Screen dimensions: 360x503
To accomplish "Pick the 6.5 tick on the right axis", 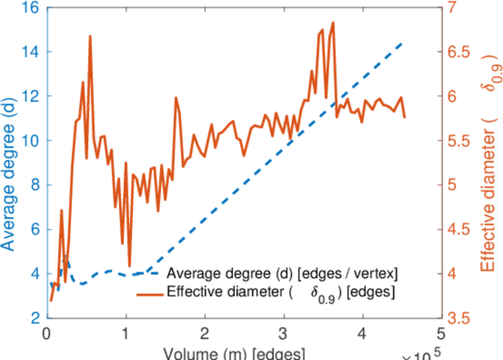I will tap(460, 52).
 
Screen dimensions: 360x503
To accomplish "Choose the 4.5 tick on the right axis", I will tap(460, 229).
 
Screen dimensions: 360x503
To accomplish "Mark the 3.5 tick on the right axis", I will tap(460, 318).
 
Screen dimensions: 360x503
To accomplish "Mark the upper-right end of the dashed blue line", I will tap(402, 44).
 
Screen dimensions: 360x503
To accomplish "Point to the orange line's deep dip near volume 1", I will tap(130, 266).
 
